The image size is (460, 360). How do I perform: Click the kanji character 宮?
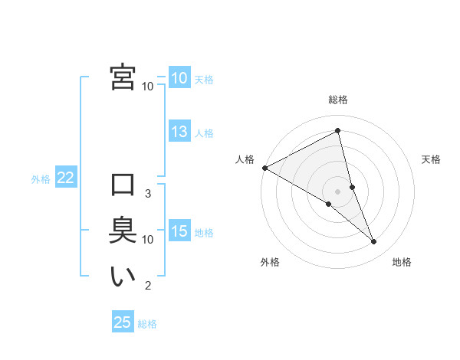[123, 77]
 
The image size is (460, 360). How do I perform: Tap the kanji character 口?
[123, 185]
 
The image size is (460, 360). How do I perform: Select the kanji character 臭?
[123, 231]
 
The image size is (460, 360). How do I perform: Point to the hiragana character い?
[123, 277]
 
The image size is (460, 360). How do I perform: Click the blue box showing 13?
[179, 132]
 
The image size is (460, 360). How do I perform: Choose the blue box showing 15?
[179, 231]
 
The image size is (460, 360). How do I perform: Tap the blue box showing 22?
[66, 178]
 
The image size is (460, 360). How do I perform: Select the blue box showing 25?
[123, 322]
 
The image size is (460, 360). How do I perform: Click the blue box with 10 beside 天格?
[179, 77]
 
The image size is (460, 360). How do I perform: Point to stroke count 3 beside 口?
[147, 193]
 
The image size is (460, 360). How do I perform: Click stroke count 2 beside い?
[147, 286]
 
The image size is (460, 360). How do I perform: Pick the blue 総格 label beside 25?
[147, 324]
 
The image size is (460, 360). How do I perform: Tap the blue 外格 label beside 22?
[41, 179]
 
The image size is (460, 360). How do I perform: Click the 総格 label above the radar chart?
[337, 100]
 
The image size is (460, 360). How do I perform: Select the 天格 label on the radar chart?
[432, 159]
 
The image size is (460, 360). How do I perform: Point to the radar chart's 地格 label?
[402, 262]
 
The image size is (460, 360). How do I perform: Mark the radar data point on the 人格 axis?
[264, 167]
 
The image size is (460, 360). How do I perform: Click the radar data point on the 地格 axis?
[374, 241]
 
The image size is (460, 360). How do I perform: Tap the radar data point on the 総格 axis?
[337, 130]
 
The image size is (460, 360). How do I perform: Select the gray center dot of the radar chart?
[337, 191]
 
